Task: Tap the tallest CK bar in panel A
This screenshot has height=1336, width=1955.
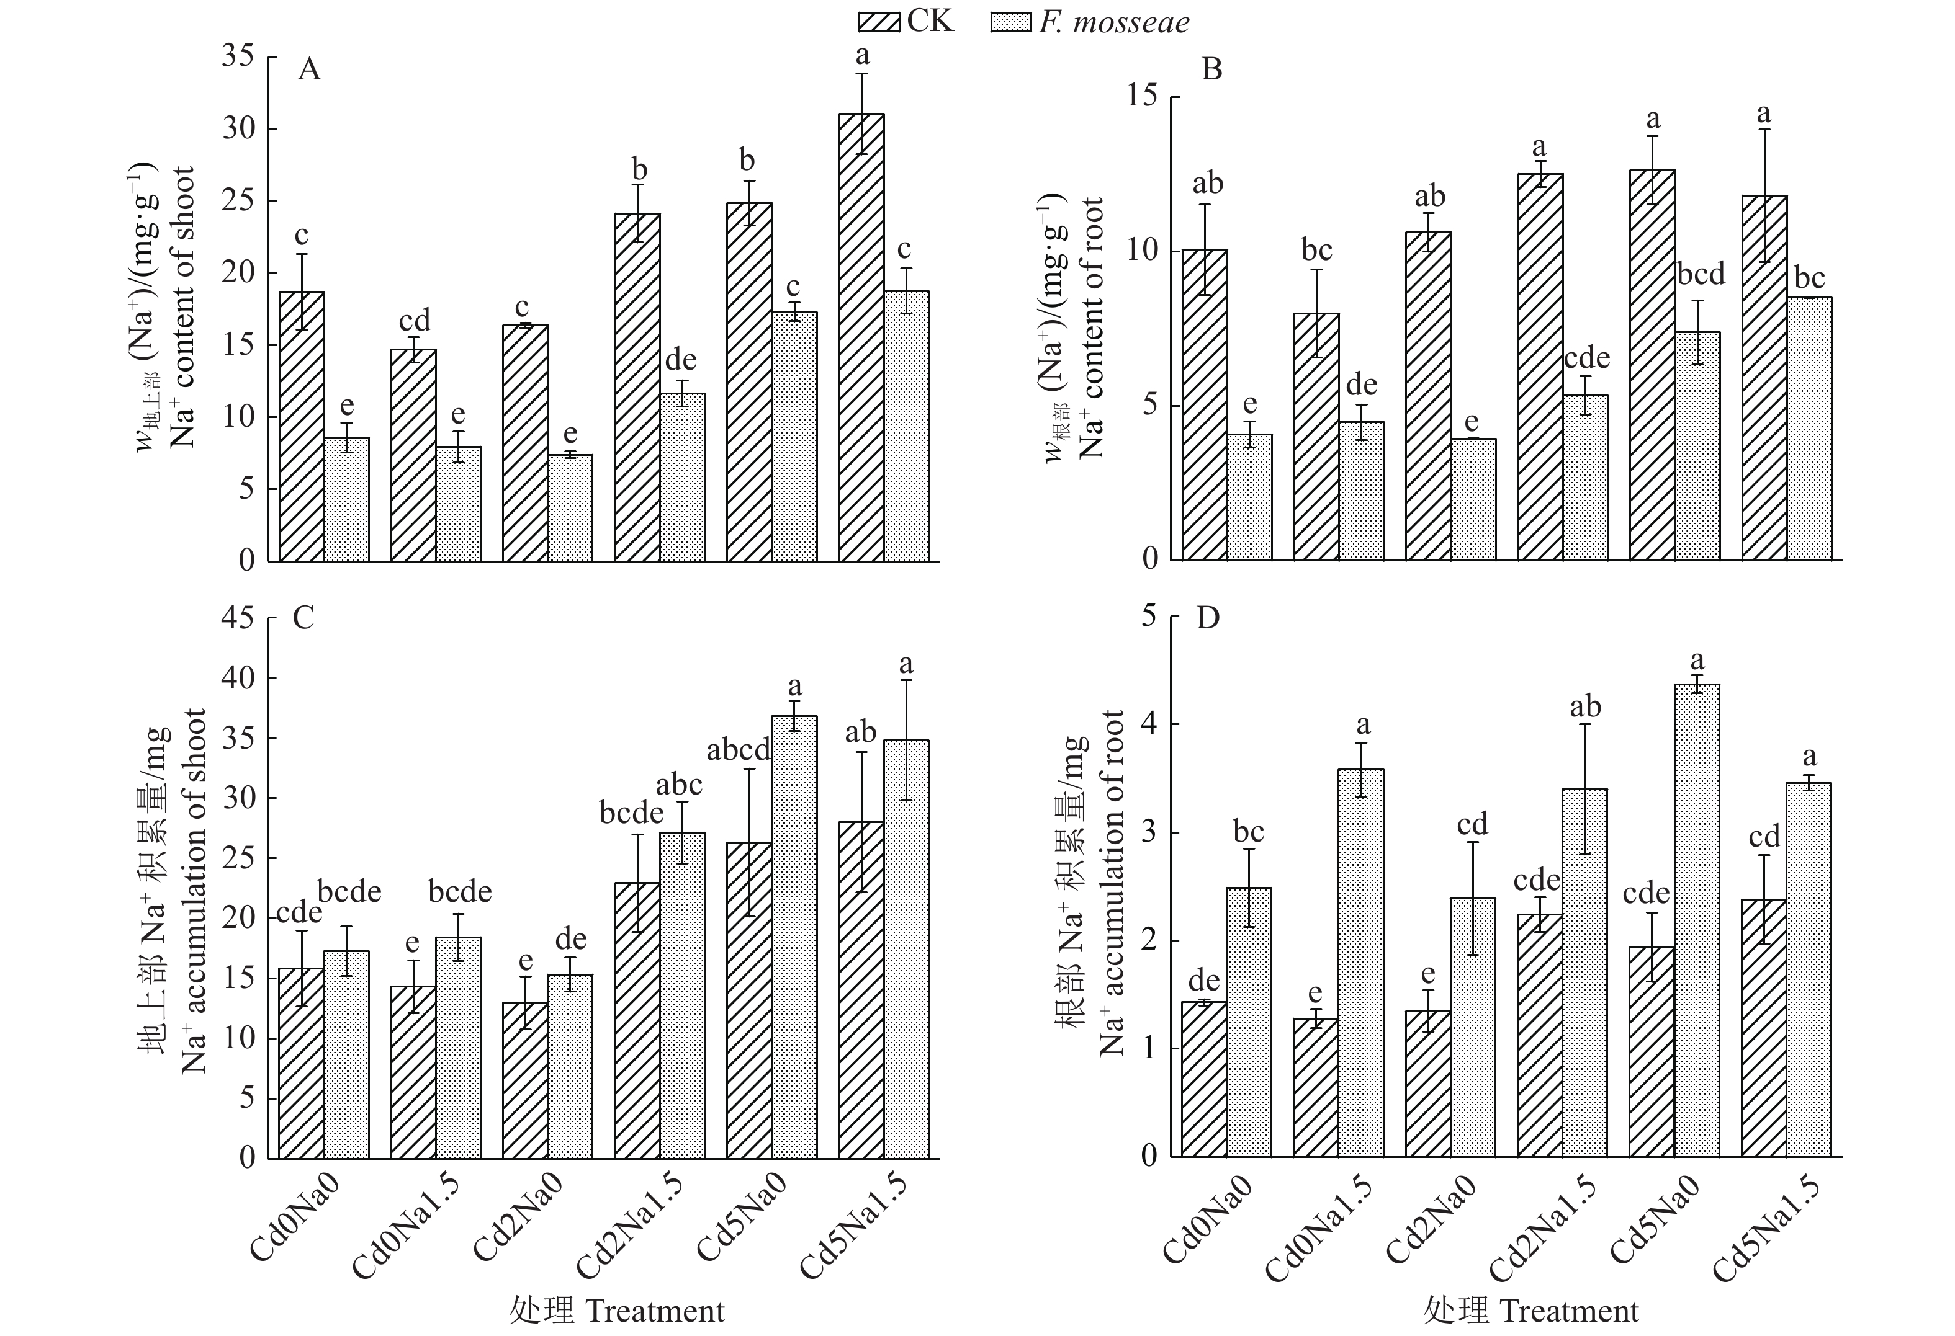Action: click(861, 336)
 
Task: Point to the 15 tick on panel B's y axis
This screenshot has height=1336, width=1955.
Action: click(1141, 97)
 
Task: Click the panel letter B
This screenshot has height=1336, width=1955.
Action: click(1211, 69)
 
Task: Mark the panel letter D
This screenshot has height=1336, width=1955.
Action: click(1208, 618)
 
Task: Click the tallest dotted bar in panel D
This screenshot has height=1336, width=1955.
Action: click(1697, 920)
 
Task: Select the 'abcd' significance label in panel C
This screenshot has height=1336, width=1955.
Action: click(738, 750)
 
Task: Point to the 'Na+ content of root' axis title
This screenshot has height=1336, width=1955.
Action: click(1092, 328)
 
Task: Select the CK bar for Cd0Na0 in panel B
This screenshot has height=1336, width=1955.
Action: click(1205, 404)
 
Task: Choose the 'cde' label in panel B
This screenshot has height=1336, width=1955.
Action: click(1586, 358)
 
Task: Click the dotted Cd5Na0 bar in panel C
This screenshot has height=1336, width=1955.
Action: click(794, 937)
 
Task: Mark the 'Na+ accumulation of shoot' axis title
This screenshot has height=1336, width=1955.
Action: click(195, 891)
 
